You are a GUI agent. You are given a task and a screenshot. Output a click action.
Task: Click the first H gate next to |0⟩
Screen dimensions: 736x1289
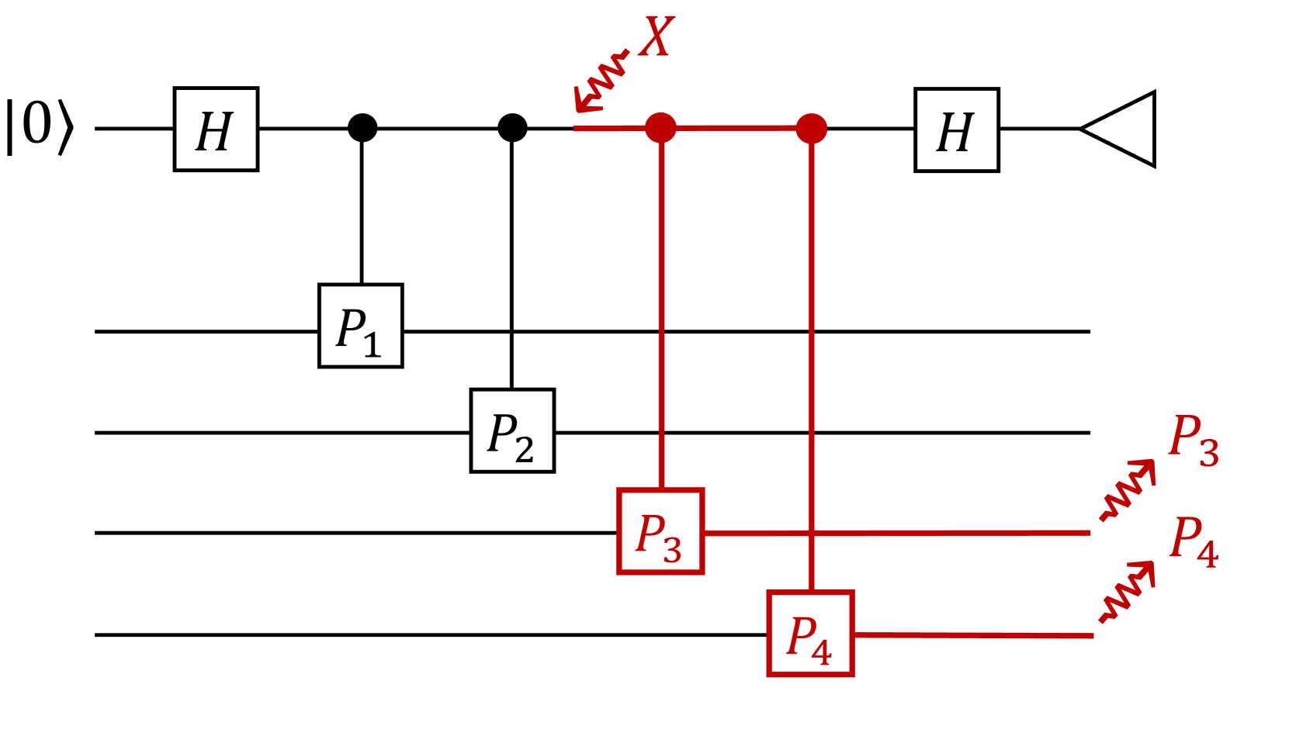216,130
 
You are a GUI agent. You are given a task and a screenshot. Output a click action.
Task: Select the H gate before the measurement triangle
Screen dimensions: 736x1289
956,130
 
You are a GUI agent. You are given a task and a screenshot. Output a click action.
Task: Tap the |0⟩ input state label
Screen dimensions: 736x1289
39,126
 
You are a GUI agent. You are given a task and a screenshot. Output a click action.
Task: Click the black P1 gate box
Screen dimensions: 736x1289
360,326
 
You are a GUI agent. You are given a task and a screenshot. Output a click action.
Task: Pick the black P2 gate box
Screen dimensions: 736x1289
512,430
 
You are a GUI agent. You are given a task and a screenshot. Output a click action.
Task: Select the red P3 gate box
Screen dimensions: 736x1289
660,531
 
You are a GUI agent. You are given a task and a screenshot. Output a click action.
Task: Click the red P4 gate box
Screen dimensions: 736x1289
810,634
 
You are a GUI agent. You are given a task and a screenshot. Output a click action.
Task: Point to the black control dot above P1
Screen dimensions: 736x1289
362,127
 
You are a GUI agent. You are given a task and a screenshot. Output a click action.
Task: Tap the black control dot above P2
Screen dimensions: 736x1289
511,127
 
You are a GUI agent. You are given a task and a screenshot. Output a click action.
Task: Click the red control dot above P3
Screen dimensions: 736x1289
660,127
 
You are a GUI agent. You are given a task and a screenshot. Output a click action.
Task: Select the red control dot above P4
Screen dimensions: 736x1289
811,128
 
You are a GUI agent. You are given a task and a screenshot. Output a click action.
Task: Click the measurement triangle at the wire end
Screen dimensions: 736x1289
1121,130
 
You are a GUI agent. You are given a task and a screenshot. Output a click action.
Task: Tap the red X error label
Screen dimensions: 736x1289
656,36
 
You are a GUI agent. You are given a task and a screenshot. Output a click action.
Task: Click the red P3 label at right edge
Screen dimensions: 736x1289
1193,440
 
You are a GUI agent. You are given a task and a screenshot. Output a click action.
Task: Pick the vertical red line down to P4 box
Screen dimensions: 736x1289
811,365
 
